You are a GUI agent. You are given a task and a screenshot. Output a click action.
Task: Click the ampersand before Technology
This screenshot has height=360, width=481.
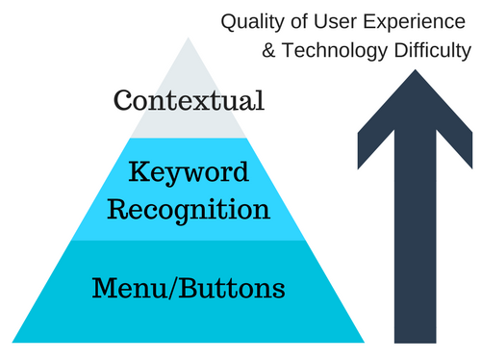point(269,49)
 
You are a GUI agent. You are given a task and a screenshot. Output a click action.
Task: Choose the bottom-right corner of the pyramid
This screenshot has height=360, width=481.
point(365,342)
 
